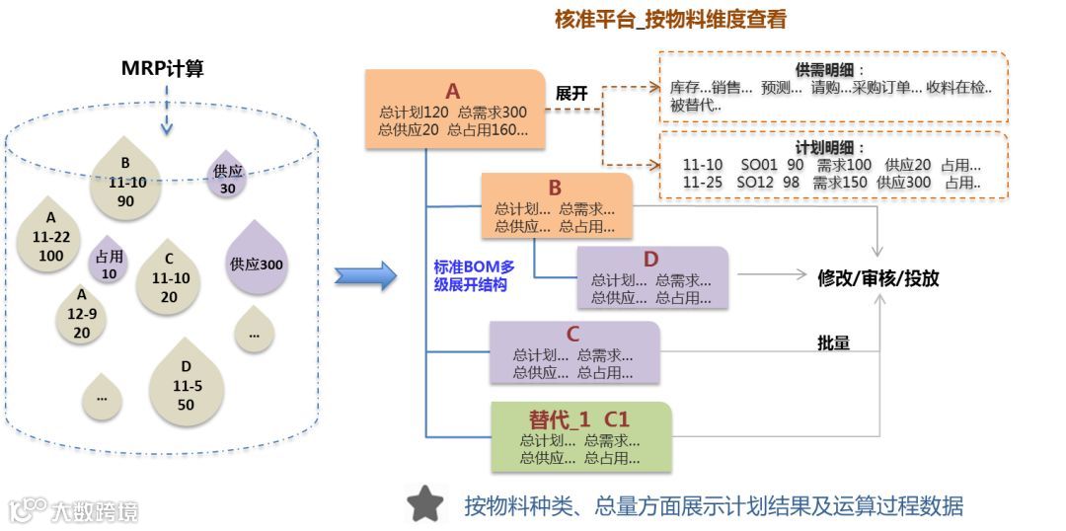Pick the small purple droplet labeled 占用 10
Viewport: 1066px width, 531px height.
point(109,263)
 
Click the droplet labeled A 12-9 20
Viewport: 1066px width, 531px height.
point(82,315)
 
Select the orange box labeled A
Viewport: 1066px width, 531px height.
point(454,110)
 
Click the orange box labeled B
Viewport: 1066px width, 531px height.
point(556,205)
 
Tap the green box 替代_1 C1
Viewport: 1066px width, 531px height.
point(580,436)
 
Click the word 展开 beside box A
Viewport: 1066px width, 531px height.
point(571,94)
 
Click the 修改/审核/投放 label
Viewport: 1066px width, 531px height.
point(877,278)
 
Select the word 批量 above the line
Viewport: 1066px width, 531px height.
point(833,342)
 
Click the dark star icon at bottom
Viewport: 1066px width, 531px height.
point(425,504)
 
